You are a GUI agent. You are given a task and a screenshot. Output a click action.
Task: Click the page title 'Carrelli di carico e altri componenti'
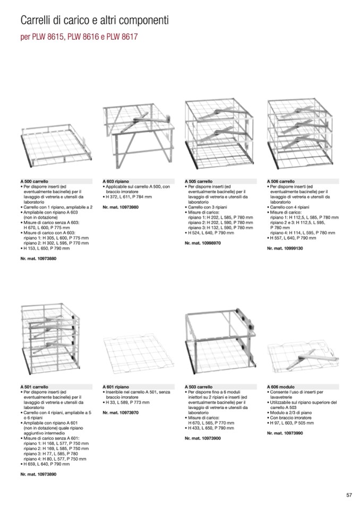tap(94, 21)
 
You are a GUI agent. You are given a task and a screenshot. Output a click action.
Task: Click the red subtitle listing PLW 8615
tap(80, 38)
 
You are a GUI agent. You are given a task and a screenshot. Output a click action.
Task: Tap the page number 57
tap(349, 495)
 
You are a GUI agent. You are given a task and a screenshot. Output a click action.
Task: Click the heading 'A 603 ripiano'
tap(116, 181)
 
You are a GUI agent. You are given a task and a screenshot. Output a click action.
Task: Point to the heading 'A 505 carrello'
tap(199, 181)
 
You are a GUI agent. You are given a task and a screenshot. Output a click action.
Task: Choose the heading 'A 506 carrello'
tap(281, 181)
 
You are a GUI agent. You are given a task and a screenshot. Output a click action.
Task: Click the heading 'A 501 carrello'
tap(35, 387)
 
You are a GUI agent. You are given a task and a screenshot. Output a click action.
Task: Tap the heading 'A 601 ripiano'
tap(116, 387)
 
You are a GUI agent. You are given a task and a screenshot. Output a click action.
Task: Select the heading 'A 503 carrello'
tap(199, 387)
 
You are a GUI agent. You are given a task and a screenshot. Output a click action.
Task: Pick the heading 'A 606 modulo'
tap(280, 387)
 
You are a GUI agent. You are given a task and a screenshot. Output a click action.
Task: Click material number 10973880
tap(38, 258)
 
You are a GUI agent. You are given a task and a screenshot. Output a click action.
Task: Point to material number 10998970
tap(203, 243)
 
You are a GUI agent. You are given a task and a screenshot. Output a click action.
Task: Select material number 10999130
tap(285, 247)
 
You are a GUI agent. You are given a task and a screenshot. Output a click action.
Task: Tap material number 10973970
tap(121, 412)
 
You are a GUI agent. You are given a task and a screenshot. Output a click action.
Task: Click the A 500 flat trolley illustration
tap(56, 143)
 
